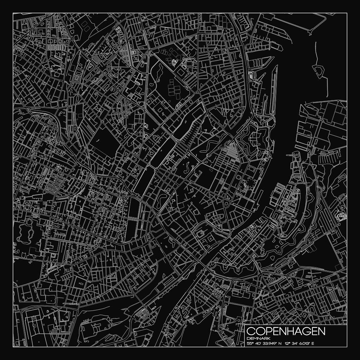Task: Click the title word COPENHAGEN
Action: (x=286, y=331)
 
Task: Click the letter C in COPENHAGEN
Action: (x=251, y=331)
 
